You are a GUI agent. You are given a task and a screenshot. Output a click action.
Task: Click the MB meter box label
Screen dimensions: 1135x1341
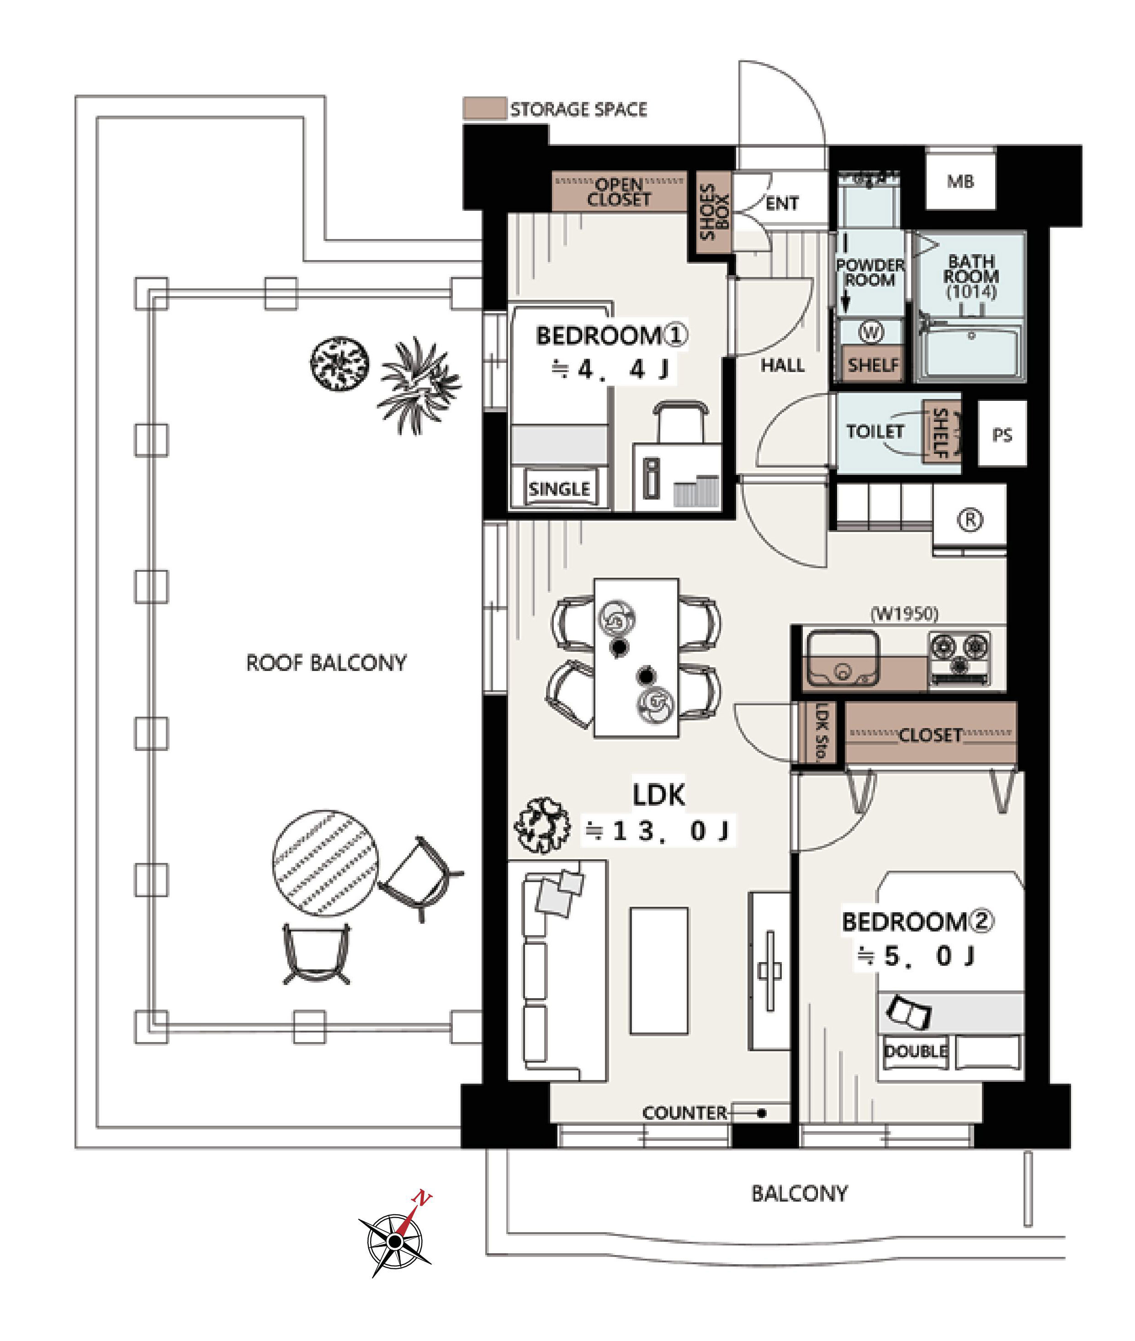point(960,181)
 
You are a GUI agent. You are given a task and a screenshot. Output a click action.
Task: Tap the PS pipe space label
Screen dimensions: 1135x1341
point(1002,435)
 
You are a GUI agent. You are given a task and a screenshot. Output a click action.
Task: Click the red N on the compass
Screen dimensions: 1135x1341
point(421,1198)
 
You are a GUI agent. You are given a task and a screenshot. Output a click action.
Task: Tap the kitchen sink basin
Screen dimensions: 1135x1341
point(842,658)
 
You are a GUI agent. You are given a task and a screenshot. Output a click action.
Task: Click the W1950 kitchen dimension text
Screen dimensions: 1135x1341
point(904,613)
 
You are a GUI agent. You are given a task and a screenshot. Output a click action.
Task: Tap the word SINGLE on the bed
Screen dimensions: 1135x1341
point(559,489)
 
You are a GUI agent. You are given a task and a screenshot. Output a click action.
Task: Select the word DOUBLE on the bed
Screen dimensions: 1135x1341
point(916,1051)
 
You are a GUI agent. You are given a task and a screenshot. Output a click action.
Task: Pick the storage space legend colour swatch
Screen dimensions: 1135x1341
point(484,109)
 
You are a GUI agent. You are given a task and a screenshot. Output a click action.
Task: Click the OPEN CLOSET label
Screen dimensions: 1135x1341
point(619,192)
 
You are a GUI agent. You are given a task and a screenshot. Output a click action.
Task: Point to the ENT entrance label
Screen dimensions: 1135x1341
point(782,203)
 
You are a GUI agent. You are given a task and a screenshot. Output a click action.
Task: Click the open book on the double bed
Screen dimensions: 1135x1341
point(908,1011)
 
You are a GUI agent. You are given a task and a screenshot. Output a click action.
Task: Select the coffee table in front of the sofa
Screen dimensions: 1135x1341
point(659,971)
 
